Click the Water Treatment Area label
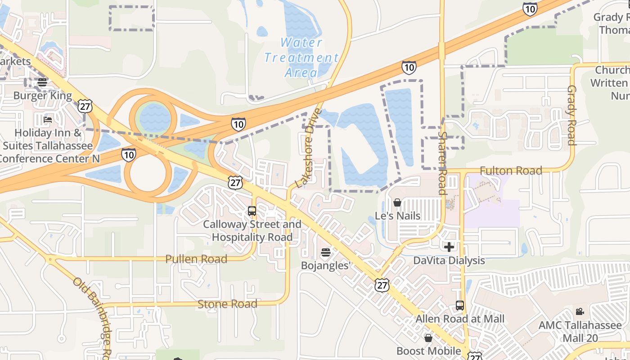(x=301, y=57)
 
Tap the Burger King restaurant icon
(x=42, y=82)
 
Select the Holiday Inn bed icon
(x=48, y=120)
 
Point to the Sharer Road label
(x=442, y=163)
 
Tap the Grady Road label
(x=571, y=115)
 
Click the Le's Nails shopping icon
(x=397, y=203)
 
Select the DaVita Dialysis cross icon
(x=449, y=247)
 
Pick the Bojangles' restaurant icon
(x=325, y=252)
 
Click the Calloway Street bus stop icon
(x=252, y=211)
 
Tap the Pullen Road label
(x=196, y=259)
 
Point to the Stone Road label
(x=228, y=304)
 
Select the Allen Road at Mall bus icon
(x=459, y=306)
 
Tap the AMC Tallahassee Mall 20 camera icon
(x=580, y=311)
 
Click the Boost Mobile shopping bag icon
(x=428, y=337)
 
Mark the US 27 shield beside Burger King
(x=85, y=106)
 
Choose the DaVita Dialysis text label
(x=449, y=261)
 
